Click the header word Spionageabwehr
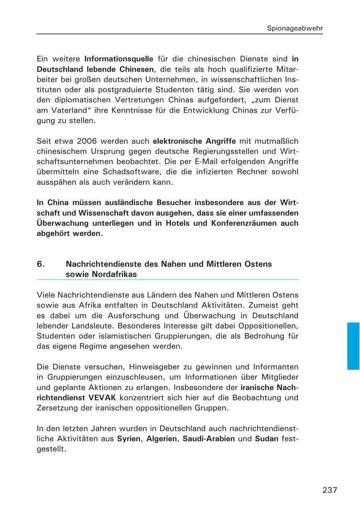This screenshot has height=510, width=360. click(x=295, y=28)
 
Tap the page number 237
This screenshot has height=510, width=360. click(x=330, y=490)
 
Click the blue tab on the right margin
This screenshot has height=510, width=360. click(x=353, y=346)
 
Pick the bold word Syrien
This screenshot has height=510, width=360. click(x=128, y=439)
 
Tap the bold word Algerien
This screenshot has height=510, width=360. click(x=162, y=439)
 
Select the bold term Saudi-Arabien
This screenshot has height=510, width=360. click(x=208, y=439)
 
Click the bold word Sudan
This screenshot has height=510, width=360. click(x=266, y=439)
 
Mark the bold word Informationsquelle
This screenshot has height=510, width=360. click(x=119, y=59)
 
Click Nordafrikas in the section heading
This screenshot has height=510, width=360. click(x=101, y=275)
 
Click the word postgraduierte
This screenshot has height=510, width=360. click(x=107, y=90)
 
